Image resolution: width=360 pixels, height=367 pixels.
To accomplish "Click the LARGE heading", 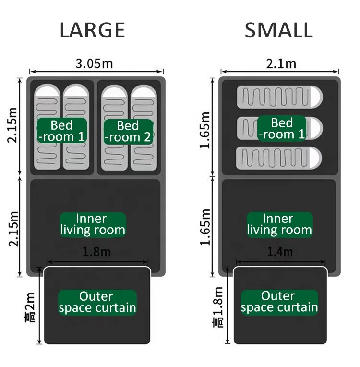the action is (92, 30).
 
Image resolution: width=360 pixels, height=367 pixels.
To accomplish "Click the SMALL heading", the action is (278, 30).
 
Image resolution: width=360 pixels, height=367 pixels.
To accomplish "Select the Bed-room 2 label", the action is (128, 131).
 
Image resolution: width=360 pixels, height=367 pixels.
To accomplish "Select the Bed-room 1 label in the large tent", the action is (62, 131).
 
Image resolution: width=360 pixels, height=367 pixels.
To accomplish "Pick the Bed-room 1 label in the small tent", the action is (281, 128).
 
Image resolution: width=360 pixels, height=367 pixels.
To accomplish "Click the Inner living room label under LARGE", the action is (93, 224).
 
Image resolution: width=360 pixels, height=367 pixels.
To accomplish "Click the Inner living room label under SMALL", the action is (279, 224).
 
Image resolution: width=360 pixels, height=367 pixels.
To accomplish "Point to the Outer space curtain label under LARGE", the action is (97, 302).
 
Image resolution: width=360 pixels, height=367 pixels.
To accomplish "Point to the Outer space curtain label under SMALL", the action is (279, 302).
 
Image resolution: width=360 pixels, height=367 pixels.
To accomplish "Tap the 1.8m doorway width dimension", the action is (96, 252).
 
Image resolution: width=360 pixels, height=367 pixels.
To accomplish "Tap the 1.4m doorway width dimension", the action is (280, 252).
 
